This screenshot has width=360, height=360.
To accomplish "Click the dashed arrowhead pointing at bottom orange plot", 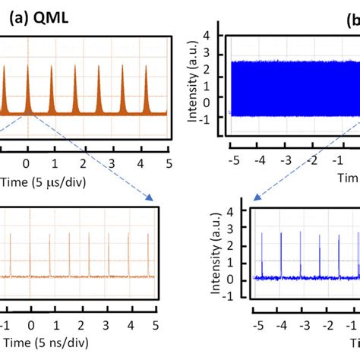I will [x=151, y=198].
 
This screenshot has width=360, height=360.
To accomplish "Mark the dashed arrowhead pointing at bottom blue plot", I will [x=256, y=198].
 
